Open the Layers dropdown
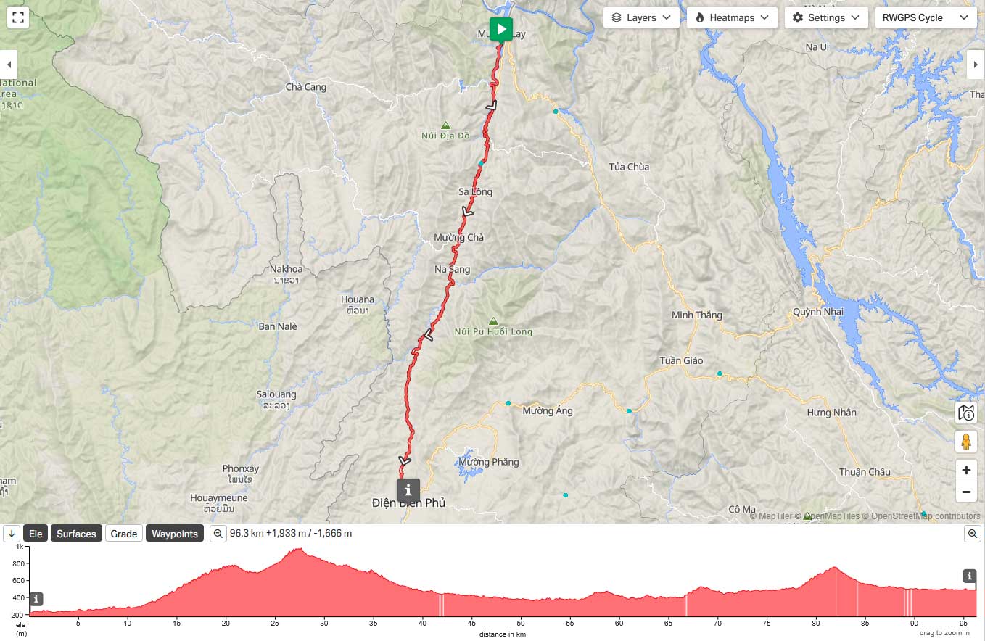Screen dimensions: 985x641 (641, 17)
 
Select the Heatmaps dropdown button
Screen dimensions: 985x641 (732, 17)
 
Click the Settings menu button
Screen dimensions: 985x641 (826, 17)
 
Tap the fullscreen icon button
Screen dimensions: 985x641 (18, 17)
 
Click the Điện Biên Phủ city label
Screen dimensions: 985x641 (408, 503)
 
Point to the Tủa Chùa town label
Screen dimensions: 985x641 (629, 167)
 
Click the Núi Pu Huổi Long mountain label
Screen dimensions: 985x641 (493, 331)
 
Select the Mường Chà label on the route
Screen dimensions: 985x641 (458, 237)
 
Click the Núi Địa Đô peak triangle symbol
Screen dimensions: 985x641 (445, 125)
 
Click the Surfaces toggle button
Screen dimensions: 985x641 (76, 534)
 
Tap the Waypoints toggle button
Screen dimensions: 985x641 (174, 534)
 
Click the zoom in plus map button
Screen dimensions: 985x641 (966, 470)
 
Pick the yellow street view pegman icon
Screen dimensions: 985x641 (966, 441)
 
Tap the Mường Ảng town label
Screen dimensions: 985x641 (548, 410)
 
